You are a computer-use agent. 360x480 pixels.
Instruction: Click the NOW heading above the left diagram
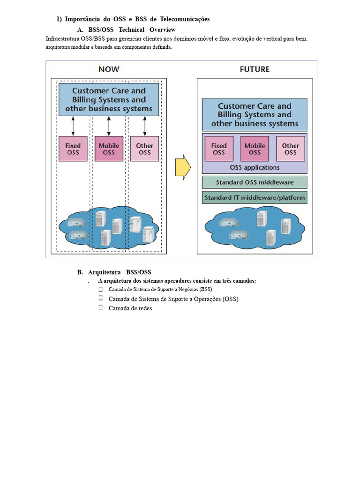click(109, 69)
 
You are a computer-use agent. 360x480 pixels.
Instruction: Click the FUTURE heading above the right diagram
click(255, 69)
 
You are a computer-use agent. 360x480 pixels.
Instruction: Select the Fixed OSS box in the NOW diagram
click(73, 149)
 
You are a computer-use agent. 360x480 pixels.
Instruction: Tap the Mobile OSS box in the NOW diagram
click(109, 149)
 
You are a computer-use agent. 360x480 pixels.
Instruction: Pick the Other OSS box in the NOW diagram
click(144, 149)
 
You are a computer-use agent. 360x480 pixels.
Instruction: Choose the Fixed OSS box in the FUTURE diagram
click(219, 149)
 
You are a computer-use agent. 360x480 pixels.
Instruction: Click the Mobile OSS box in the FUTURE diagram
click(255, 149)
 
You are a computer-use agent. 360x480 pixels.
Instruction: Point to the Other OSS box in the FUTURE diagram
click(291, 149)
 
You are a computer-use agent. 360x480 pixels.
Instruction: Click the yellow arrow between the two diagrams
click(183, 167)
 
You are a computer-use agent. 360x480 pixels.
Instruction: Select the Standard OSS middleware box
click(255, 182)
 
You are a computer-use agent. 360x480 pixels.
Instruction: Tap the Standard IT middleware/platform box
click(255, 197)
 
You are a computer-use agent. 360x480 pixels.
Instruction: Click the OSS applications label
click(255, 167)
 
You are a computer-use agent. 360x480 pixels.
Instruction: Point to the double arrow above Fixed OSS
click(73, 126)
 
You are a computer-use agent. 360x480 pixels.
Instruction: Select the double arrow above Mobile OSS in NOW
click(109, 126)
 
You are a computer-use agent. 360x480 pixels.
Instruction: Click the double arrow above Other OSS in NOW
click(144, 126)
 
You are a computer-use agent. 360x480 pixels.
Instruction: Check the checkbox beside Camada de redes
click(101, 307)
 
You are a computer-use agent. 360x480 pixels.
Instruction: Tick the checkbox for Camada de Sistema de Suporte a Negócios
click(101, 289)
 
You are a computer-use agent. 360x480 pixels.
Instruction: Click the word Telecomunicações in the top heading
click(185, 19)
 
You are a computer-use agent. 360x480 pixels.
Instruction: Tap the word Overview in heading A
click(163, 30)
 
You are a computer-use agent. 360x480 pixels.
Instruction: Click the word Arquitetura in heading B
click(105, 272)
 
